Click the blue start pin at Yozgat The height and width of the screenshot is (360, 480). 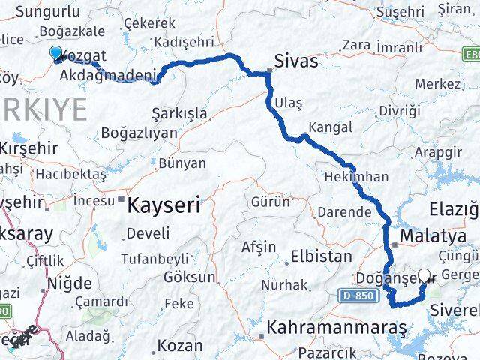click(56, 52)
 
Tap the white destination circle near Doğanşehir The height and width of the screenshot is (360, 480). click(424, 276)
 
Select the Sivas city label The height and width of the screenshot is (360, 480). click(296, 60)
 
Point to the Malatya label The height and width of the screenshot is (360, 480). click(433, 236)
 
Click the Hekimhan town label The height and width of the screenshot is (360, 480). click(356, 177)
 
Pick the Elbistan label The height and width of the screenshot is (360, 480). click(321, 256)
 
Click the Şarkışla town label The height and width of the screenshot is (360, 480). click(179, 113)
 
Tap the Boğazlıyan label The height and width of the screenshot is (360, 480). click(139, 133)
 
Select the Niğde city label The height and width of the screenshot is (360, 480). click(68, 283)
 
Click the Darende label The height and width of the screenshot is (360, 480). click(343, 212)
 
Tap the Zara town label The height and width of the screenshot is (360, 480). click(357, 45)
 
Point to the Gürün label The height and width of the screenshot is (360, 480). click(270, 202)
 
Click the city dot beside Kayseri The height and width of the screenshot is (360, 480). click(121, 199)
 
